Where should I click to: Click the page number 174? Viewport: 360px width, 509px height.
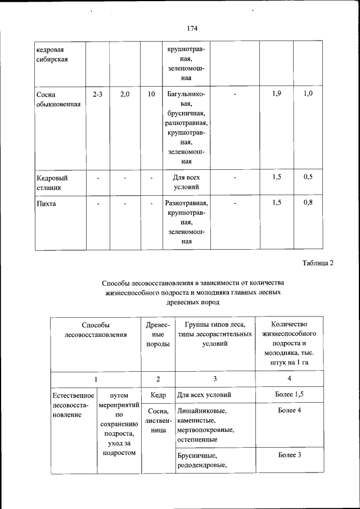pyautogui.click(x=192, y=28)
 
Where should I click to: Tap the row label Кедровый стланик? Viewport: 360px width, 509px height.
pyautogui.click(x=49, y=182)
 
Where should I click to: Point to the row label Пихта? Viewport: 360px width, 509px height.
pyautogui.click(x=46, y=204)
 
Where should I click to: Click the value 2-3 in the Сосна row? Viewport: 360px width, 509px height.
pyautogui.click(x=97, y=94)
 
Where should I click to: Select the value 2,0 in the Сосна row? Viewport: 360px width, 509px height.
pyautogui.click(x=125, y=94)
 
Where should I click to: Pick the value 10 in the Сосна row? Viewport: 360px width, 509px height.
pyautogui.click(x=151, y=94)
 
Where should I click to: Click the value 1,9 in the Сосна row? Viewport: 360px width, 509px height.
pyautogui.click(x=276, y=94)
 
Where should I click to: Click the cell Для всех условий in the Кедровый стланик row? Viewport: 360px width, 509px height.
pyautogui.click(x=186, y=182)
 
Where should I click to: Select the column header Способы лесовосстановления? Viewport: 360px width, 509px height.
pyautogui.click(x=95, y=330)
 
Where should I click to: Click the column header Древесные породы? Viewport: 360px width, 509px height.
pyautogui.click(x=158, y=335)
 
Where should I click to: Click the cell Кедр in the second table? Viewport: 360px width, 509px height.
pyautogui.click(x=158, y=395)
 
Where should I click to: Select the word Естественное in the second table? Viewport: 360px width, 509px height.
pyautogui.click(x=73, y=395)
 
